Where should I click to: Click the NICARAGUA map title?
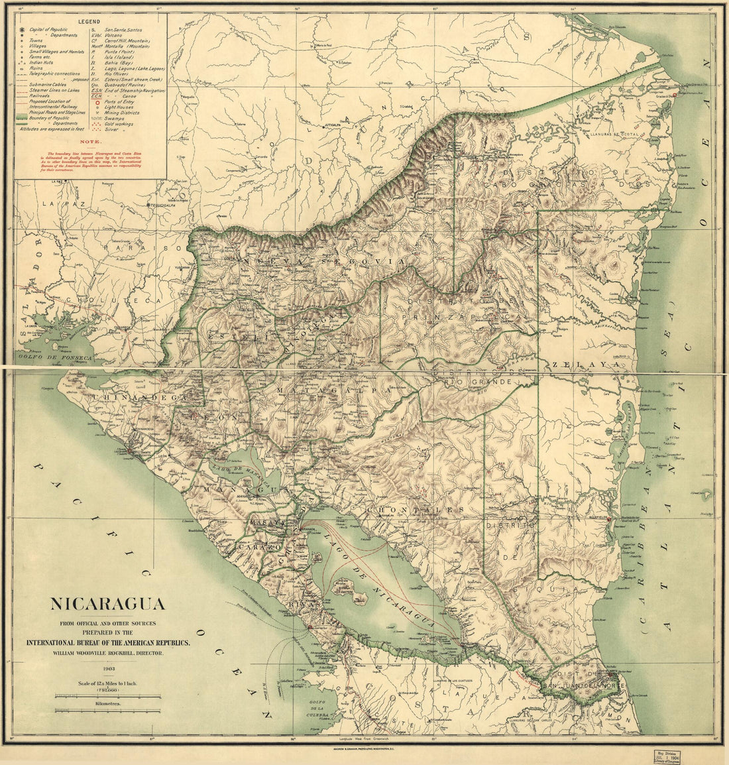(x=108, y=605)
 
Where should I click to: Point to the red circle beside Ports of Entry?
(x=97, y=101)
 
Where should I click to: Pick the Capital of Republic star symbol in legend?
(x=23, y=30)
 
